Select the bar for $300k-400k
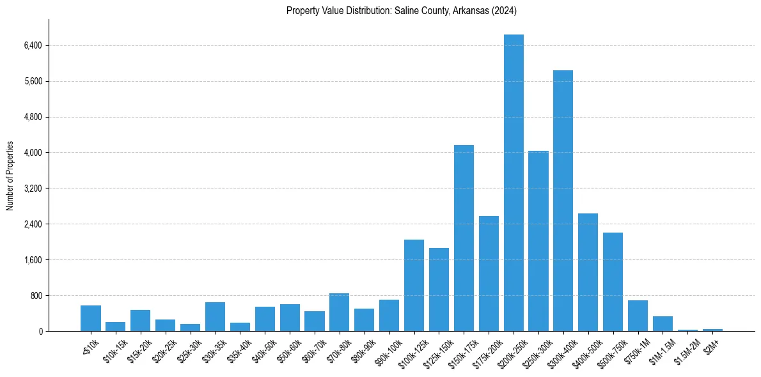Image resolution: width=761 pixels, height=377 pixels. [563, 201]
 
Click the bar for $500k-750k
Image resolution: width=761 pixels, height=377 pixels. [613, 282]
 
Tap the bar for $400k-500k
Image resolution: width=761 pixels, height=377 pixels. [588, 272]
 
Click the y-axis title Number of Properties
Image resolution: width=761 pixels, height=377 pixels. [10, 176]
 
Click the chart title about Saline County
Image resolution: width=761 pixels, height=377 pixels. [402, 10]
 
